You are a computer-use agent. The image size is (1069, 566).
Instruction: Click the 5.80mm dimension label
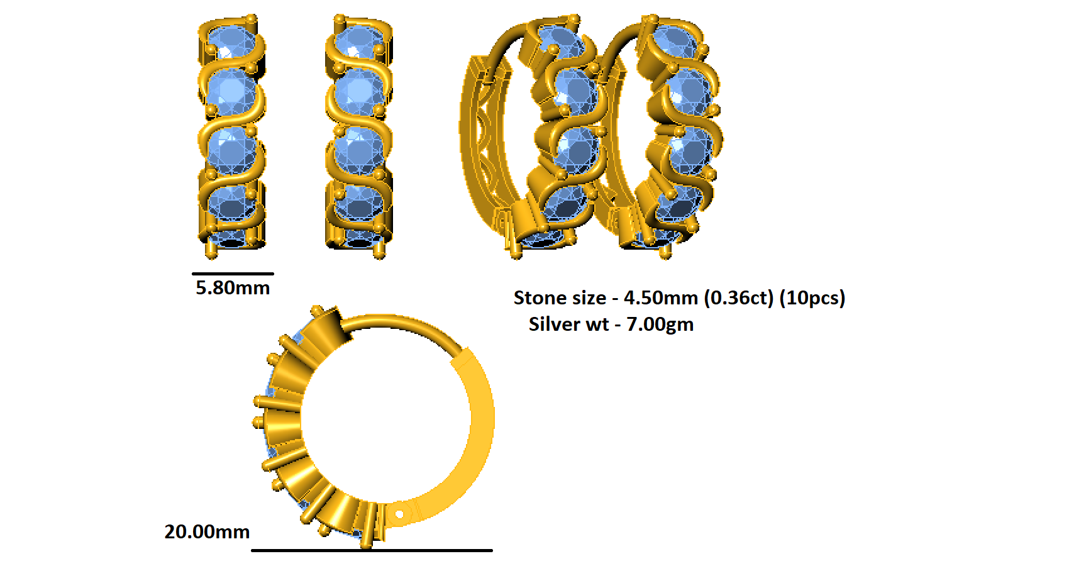coord(233,288)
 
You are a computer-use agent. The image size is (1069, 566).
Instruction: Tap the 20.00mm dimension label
coord(207,531)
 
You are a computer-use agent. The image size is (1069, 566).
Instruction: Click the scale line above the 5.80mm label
coord(233,274)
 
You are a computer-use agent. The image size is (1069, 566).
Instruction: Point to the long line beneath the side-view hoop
coord(372,550)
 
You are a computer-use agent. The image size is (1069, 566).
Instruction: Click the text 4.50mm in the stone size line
coord(660,298)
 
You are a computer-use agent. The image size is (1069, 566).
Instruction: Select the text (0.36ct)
coord(739,298)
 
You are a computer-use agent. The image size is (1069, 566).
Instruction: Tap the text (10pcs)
coord(812,298)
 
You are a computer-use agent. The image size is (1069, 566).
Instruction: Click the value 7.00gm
coord(660,325)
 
